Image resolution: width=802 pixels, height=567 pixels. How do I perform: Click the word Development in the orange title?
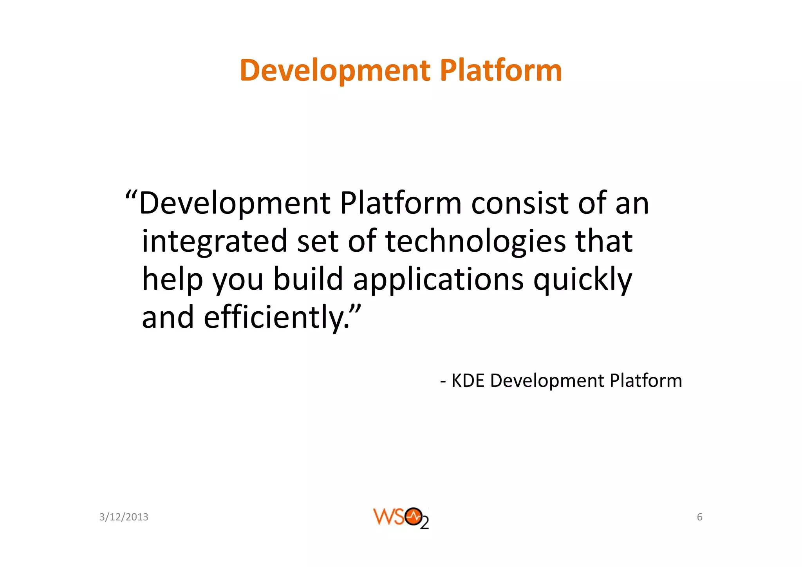tap(335, 70)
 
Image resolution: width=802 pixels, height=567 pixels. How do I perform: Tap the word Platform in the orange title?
tap(501, 70)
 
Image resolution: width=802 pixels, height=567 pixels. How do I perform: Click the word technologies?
tap(475, 242)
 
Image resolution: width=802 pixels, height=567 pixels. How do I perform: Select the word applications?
tap(438, 280)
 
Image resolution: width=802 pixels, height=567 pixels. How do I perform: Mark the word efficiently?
tap(273, 318)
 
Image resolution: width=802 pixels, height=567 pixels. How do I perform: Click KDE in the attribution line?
tap(468, 381)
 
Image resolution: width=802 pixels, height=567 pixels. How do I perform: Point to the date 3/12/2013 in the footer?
tap(124, 517)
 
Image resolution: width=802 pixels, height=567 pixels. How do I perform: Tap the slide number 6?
tap(699, 517)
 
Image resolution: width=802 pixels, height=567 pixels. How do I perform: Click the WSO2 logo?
tap(401, 518)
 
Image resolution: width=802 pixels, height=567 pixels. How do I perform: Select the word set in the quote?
tap(318, 242)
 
